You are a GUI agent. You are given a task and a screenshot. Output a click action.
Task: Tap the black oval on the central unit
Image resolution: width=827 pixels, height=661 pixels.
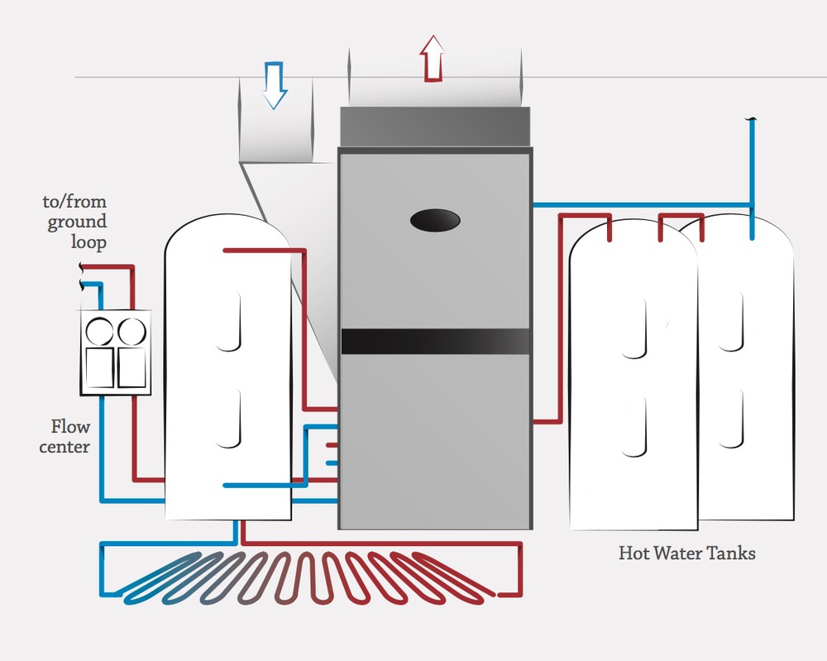[435, 219]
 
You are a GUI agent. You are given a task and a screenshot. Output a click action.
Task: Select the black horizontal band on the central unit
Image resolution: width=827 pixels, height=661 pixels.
[435, 341]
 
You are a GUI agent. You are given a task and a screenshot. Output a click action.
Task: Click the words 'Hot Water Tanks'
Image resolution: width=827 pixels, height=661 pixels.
[686, 553]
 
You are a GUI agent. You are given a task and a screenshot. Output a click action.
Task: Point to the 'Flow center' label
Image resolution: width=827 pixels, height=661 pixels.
[70, 437]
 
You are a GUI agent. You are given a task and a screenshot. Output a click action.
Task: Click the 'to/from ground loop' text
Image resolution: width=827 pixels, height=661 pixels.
[76, 222]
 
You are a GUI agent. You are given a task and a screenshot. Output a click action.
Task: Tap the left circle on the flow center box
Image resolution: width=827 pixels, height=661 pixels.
[100, 331]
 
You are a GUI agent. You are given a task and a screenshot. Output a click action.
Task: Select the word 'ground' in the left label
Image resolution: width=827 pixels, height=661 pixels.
[77, 222]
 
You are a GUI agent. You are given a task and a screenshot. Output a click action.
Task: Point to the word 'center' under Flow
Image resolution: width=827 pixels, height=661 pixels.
[70, 448]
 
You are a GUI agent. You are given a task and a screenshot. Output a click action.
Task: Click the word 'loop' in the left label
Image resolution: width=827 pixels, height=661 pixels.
[89, 242]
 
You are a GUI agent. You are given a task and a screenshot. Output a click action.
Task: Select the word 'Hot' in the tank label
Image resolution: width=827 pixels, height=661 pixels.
[633, 553]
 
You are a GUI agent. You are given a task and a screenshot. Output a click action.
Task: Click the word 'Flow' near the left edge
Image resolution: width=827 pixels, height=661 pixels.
[70, 427]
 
